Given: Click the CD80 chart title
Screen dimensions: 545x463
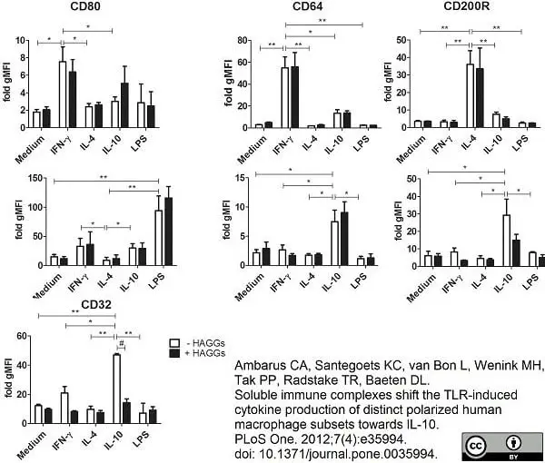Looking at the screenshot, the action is [85, 6].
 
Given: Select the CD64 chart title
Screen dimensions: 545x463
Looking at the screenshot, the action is [308, 6].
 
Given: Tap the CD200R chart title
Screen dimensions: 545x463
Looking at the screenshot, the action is [467, 6].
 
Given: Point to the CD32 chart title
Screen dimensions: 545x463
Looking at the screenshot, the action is [96, 305].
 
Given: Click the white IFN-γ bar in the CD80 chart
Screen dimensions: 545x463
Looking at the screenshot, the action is [63, 94].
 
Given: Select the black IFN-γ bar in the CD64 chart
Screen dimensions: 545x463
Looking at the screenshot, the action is [294, 97].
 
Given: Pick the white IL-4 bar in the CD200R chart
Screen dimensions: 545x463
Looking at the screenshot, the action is [470, 96].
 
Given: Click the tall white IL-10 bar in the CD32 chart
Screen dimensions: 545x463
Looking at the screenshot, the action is [117, 389].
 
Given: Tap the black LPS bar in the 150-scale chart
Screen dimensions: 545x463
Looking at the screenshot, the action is [169, 231].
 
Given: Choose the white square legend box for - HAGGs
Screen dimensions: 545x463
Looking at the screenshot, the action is [174, 343].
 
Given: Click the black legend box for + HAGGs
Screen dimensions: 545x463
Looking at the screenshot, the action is [174, 353].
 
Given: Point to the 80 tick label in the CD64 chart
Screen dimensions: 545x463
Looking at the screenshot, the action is [243, 41].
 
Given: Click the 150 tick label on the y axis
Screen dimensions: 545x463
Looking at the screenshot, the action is [36, 178].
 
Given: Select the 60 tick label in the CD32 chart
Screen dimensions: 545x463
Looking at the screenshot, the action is [22, 336].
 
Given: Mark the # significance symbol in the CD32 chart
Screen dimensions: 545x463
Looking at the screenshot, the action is [122, 343].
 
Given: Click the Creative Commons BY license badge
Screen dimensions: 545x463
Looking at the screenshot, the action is [502, 447].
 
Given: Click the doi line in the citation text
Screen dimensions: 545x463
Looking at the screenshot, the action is [335, 454].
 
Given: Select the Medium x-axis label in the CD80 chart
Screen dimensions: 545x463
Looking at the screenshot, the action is [30, 150].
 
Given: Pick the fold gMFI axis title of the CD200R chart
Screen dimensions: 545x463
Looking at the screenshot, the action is [388, 82].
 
